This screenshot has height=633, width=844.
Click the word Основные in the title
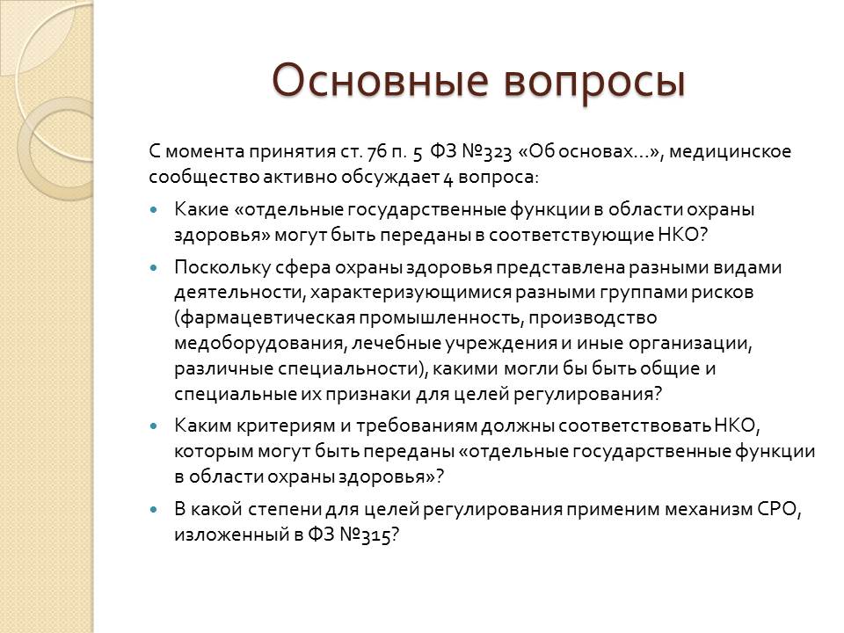click(380, 81)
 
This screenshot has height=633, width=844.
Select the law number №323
click(486, 152)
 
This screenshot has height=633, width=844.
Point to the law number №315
click(366, 535)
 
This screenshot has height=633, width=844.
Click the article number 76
click(376, 152)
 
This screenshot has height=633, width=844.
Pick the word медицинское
click(730, 152)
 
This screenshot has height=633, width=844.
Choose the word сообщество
click(204, 178)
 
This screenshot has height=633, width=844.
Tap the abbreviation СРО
click(779, 509)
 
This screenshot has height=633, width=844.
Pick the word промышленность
click(442, 317)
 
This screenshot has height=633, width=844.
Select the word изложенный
click(231, 535)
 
